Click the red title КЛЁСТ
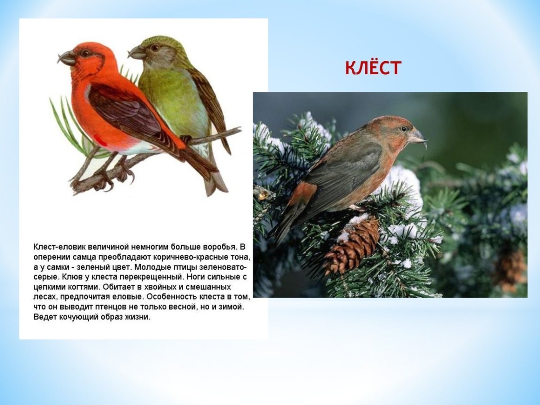click(x=373, y=68)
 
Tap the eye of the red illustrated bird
click(x=85, y=53)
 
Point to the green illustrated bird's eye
click(x=155, y=48)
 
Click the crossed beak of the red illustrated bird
click(x=67, y=58)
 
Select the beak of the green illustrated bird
click(x=136, y=53)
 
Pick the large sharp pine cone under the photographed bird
click(x=352, y=245)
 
